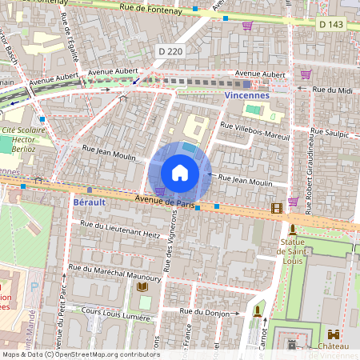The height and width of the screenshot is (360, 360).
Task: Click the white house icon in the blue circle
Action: pos(180,173)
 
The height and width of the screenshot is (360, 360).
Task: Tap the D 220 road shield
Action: pos(170,51)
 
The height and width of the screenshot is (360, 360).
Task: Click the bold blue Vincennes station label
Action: pos(247,94)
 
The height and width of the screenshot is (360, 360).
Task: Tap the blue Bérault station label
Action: pos(90,203)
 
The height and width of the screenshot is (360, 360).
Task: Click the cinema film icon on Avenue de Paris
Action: pos(277,209)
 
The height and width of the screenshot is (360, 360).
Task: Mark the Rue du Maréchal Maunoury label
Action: pos(114,273)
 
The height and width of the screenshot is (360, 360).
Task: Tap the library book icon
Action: pos(142,286)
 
